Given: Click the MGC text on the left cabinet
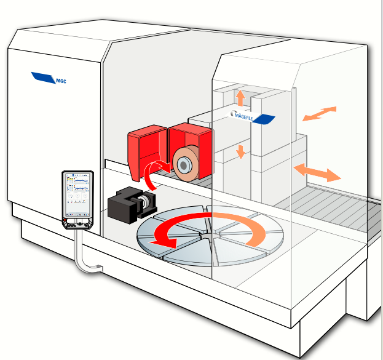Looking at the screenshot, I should click(61, 80).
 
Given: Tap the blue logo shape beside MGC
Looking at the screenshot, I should click(44, 77).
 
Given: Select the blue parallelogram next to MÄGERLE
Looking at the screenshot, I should click(263, 119).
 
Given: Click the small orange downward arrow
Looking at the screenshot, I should click(240, 151).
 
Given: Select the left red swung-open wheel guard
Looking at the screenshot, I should click(146, 148).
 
